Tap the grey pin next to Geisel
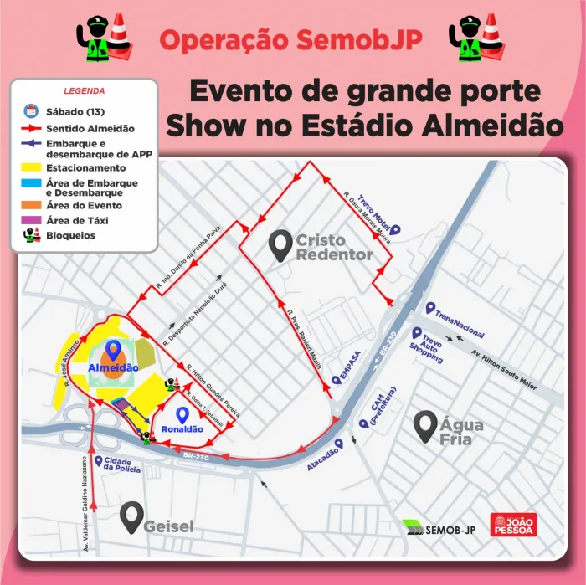tap(130, 518)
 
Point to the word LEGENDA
tap(84, 90)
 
